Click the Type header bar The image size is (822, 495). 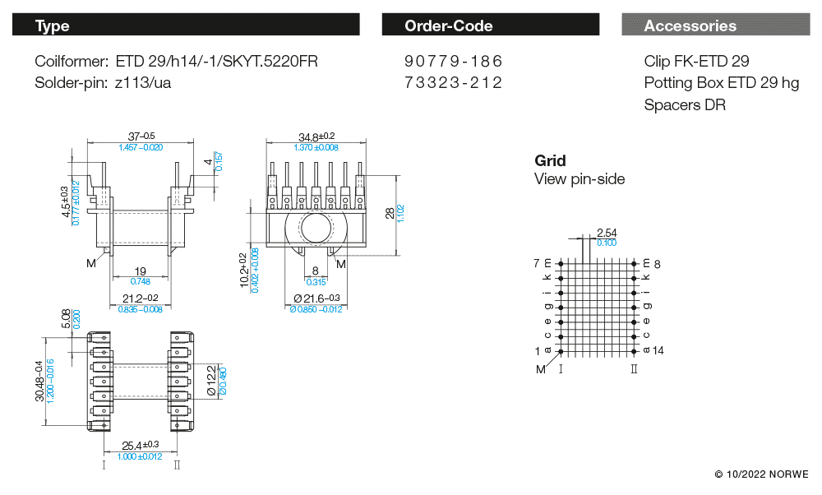186,25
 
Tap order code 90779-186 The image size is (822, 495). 453,62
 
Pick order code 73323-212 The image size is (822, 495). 453,82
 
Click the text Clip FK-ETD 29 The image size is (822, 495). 696,62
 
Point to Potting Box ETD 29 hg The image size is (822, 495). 721,83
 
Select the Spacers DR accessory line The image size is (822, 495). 685,104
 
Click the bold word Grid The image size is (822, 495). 550,160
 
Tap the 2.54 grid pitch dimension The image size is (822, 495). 606,234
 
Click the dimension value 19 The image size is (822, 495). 140,271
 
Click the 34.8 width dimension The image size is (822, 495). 316,136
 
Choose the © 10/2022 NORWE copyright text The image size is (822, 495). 761,474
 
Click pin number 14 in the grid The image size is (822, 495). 658,350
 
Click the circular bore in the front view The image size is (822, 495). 316,227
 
